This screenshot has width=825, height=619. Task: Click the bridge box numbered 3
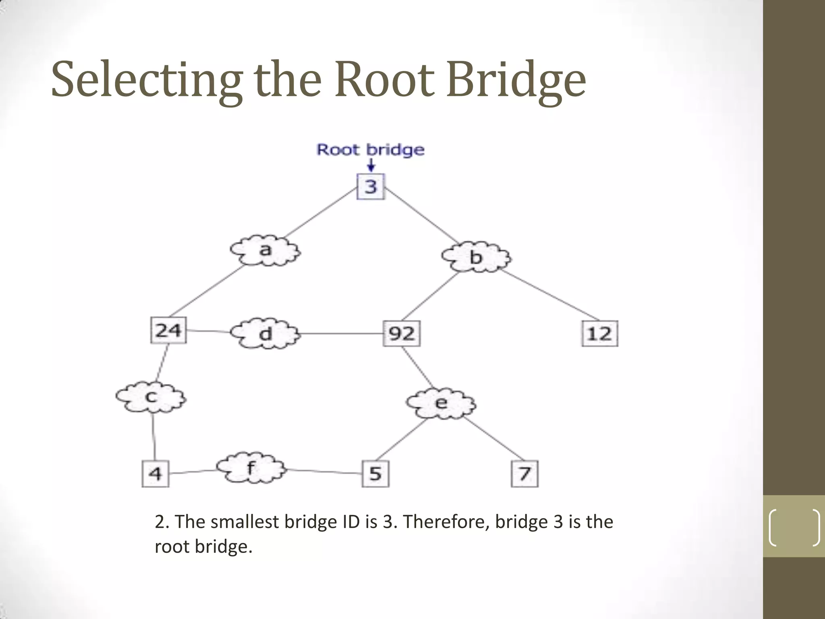click(x=371, y=187)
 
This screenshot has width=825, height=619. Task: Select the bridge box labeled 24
click(x=168, y=330)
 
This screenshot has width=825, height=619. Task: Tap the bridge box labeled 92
click(x=401, y=334)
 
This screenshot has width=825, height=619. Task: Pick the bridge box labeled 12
click(x=599, y=334)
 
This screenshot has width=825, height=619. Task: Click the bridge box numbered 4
click(x=155, y=474)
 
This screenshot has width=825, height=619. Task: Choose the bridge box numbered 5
click(x=375, y=474)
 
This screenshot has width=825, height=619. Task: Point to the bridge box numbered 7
click(x=524, y=474)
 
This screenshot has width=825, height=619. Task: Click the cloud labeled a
click(x=265, y=251)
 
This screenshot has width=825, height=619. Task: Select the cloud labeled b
click(x=476, y=257)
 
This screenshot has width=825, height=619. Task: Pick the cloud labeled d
click(x=265, y=334)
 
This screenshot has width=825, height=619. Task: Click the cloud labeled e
click(x=441, y=403)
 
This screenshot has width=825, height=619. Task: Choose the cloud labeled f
click(x=251, y=468)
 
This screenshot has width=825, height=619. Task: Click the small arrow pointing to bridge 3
click(x=371, y=165)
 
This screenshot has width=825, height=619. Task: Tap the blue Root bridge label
click(x=370, y=150)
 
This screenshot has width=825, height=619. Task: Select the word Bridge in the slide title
click(x=516, y=80)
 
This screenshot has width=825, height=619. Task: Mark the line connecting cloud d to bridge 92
click(x=342, y=334)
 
